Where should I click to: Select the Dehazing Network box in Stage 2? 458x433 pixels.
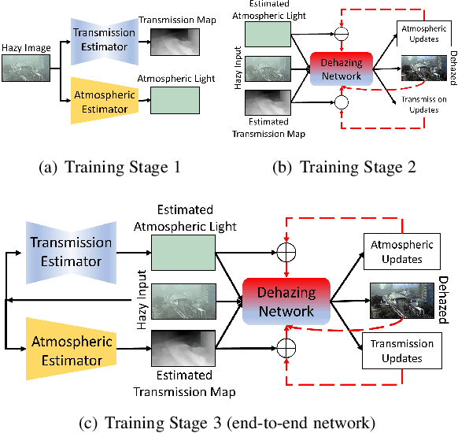click(341, 68)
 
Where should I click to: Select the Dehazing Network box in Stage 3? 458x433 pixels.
click(286, 301)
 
